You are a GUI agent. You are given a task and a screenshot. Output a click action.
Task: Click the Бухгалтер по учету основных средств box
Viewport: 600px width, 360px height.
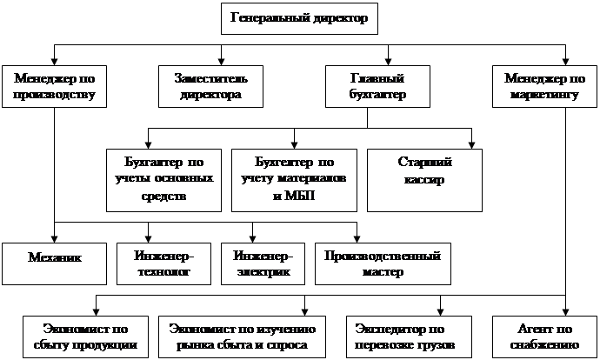click(163, 180)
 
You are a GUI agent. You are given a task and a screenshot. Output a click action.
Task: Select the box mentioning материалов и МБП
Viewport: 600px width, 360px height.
click(294, 180)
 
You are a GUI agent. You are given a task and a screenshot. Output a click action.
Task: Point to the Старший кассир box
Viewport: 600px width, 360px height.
click(425, 180)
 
